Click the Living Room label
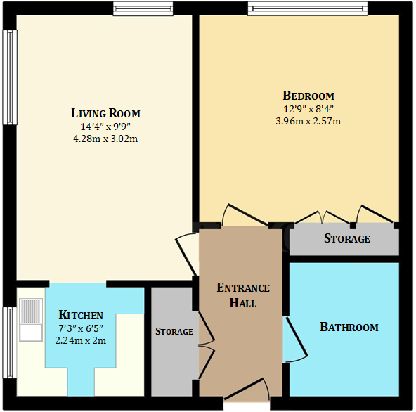pos(105,113)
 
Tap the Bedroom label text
pos(308,96)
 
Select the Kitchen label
pos(81,315)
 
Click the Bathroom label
pos(349,327)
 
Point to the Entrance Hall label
pos(242,295)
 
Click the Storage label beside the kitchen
pos(174,331)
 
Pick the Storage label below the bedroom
pos(346,239)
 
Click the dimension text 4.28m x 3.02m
pos(105,139)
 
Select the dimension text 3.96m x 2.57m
pos(308,121)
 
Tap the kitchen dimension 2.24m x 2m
pos(80,340)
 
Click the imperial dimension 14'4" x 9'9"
pos(105,127)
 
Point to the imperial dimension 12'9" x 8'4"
pos(308,109)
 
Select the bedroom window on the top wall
pos(307,8)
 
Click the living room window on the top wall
pos(143,8)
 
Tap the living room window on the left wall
pos(9,77)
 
